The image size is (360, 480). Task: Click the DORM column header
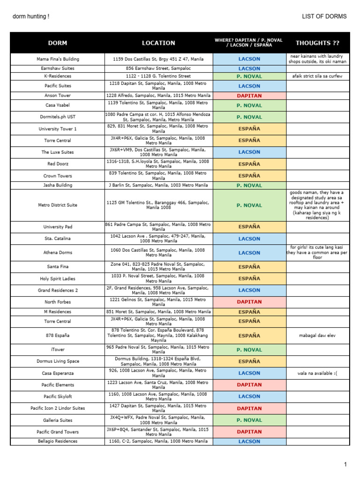tap(58, 43)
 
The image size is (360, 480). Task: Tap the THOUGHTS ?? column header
tap(317, 43)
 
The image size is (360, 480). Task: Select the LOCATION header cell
tap(158, 43)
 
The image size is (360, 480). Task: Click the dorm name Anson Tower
tap(58, 96)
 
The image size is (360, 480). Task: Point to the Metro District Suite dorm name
tap(58, 205)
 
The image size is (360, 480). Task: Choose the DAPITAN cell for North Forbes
tap(249, 302)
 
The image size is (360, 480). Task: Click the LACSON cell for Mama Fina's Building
tap(249, 59)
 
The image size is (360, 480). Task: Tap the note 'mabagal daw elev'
tap(317, 336)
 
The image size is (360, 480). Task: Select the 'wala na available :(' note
tap(317, 373)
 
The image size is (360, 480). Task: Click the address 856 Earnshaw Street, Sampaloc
tap(158, 68)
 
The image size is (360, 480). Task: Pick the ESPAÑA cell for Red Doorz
tap(249, 164)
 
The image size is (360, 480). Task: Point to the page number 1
tap(345, 465)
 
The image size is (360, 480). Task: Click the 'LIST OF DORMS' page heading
tap(325, 16)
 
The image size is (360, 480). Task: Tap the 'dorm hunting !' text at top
tap(30, 16)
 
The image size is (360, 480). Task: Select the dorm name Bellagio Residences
tap(58, 442)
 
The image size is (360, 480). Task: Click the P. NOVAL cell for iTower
tap(249, 350)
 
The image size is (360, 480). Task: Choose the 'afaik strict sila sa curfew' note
tap(317, 76)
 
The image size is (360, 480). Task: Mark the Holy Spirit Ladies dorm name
tap(58, 279)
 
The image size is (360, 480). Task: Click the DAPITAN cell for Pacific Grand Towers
tap(249, 432)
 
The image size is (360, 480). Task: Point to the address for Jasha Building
tap(158, 185)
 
